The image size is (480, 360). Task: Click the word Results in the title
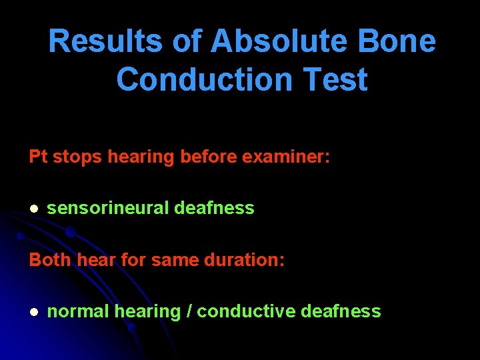point(93,41)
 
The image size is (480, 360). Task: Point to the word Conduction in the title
point(204,80)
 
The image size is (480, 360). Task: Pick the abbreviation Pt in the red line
point(38,157)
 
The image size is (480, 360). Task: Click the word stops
point(77,157)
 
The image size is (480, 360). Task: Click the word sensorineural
point(108,208)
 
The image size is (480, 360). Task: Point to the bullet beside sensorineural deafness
point(33,209)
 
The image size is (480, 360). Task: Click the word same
point(173,260)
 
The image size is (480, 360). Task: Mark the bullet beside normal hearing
point(33,312)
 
